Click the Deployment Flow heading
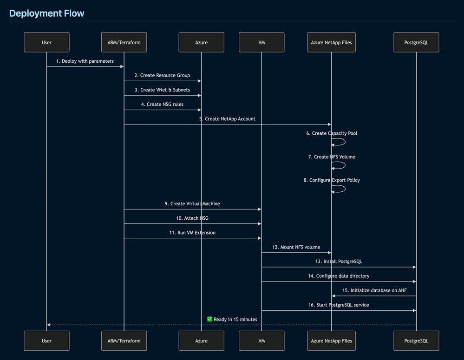[x=47, y=13]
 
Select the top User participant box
[x=46, y=42]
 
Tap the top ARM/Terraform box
[x=124, y=42]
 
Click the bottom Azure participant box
[x=201, y=340]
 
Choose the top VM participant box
[x=261, y=42]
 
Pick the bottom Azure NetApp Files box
[x=331, y=340]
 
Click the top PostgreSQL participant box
[x=416, y=42]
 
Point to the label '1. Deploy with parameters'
[x=85, y=61]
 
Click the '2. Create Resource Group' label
[x=162, y=75]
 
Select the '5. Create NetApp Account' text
[x=227, y=119]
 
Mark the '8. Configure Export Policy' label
[x=332, y=180]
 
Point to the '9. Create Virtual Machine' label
[x=192, y=203]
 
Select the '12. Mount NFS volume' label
[x=296, y=247]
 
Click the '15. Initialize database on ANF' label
[x=374, y=290]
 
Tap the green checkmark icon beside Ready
[x=209, y=319]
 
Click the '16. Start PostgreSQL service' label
[x=339, y=305]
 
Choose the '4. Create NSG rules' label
[x=162, y=105]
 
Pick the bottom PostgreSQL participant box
[x=416, y=340]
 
